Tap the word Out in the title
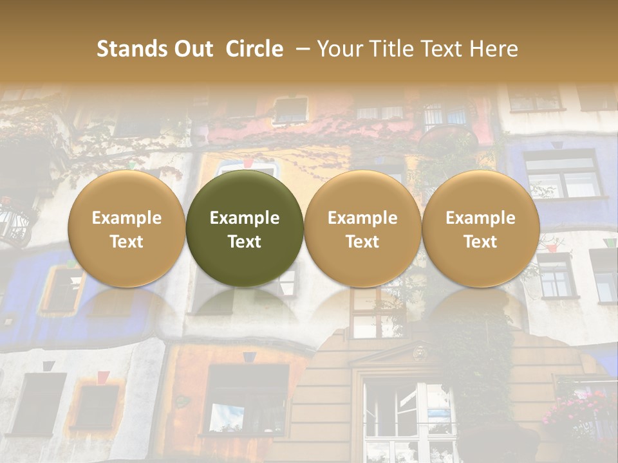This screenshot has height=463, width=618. point(191,49)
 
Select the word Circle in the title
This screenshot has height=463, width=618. point(254,49)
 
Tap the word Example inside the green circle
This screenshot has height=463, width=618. point(245,218)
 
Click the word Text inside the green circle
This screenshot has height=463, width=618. point(245,242)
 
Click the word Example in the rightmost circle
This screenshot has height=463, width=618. point(481,218)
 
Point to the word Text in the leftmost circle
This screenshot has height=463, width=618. point(127,242)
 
